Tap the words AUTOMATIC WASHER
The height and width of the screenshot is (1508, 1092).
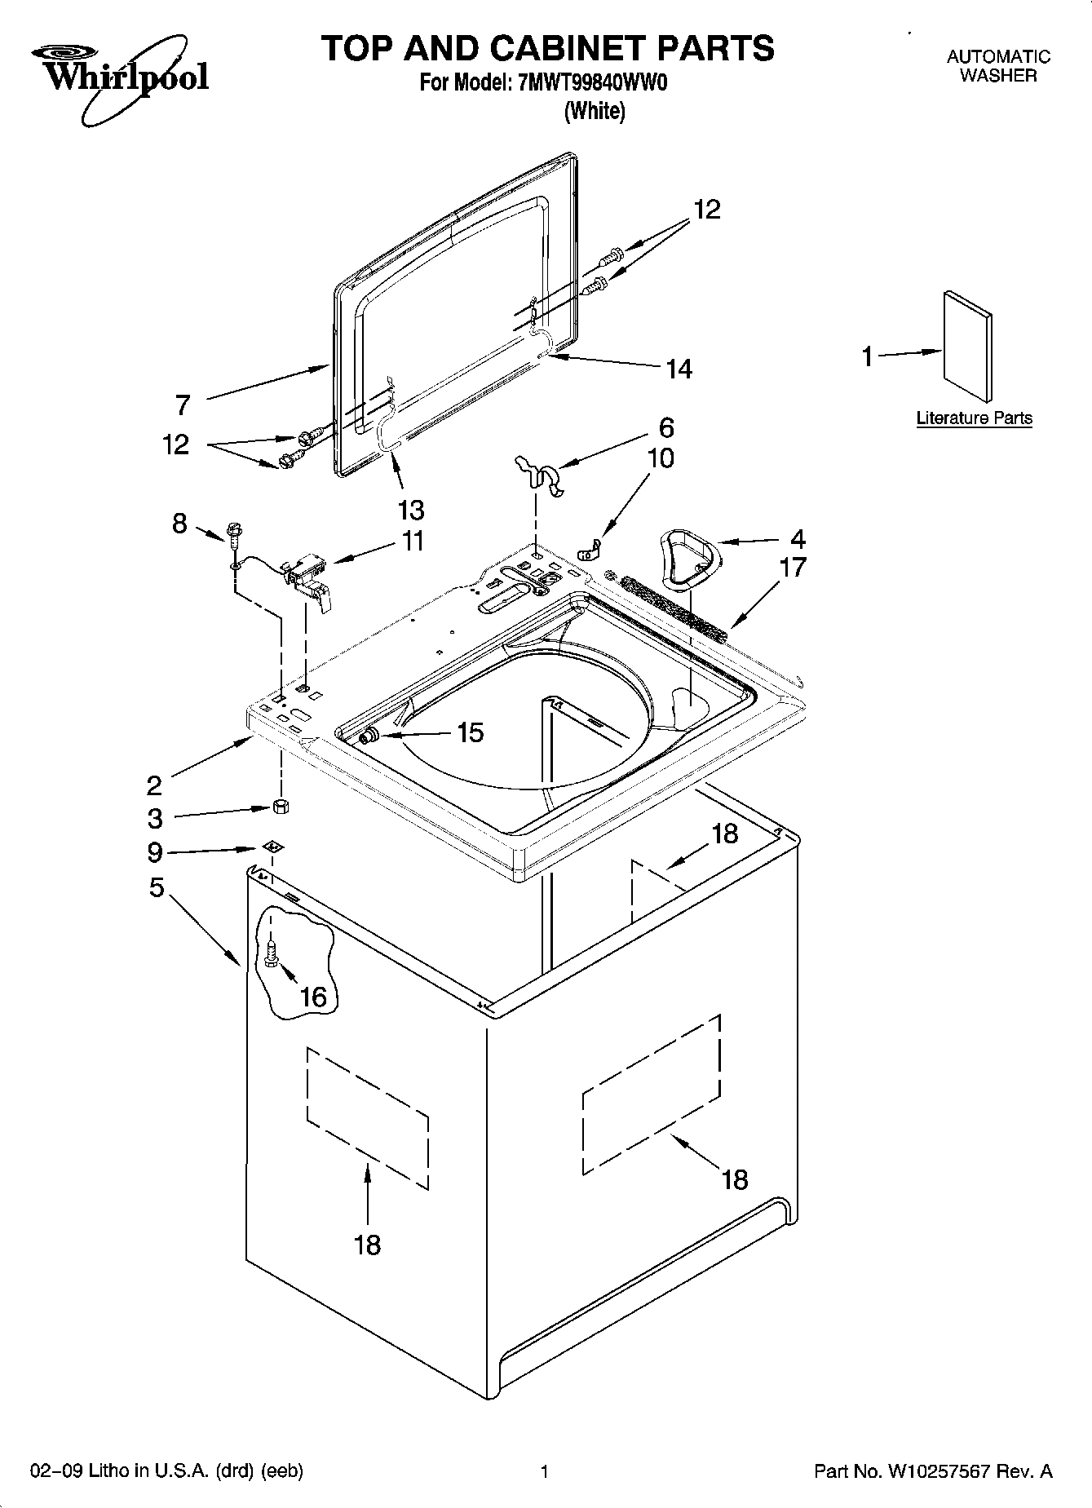(x=997, y=66)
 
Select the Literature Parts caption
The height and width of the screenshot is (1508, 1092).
(x=974, y=418)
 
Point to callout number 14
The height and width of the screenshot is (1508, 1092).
(x=679, y=369)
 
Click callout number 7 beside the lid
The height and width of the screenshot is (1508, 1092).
(x=183, y=405)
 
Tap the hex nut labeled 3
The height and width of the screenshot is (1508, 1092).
(x=281, y=807)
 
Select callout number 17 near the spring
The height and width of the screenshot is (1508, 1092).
(x=793, y=567)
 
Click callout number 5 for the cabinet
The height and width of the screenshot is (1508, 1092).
(x=157, y=887)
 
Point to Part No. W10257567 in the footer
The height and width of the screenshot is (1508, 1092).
(x=933, y=1471)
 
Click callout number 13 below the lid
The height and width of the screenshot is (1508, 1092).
(x=411, y=511)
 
